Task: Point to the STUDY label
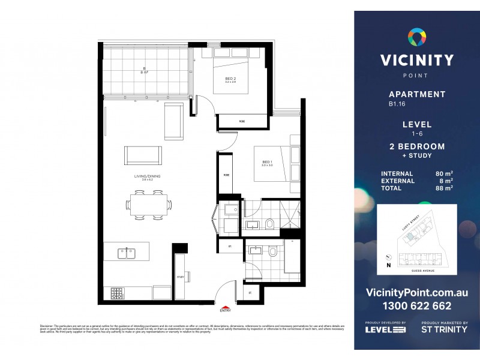180,277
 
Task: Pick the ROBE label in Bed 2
242,122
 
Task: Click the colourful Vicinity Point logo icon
416,38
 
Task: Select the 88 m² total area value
444,188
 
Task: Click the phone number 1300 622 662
416,306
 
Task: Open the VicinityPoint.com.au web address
416,292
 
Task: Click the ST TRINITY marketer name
444,329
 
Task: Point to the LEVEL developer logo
386,329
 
